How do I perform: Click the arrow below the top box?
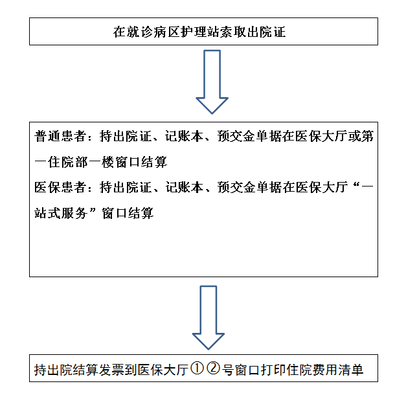pyautogui.click(x=212, y=82)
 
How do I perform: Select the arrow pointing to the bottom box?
pyautogui.click(x=209, y=318)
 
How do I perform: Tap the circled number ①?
pyautogui.click(x=197, y=368)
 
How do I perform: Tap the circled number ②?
pyautogui.click(x=214, y=368)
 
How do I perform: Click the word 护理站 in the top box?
pyautogui.click(x=199, y=32)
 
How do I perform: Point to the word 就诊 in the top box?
pyautogui.click(x=139, y=32)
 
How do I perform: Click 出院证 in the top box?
pyautogui.click(x=266, y=32)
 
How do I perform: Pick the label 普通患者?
pyautogui.click(x=60, y=136)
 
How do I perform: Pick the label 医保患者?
pyautogui.click(x=60, y=187)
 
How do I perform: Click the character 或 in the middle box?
pyautogui.click(x=354, y=136)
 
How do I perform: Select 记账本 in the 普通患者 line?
pyautogui.click(x=184, y=136)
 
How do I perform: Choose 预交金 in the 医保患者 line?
pyautogui.click(x=236, y=187)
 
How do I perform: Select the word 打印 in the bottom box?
pyautogui.click(x=273, y=370)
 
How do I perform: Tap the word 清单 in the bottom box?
pyautogui.click(x=350, y=370)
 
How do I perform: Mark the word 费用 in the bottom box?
pyautogui.click(x=324, y=370)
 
